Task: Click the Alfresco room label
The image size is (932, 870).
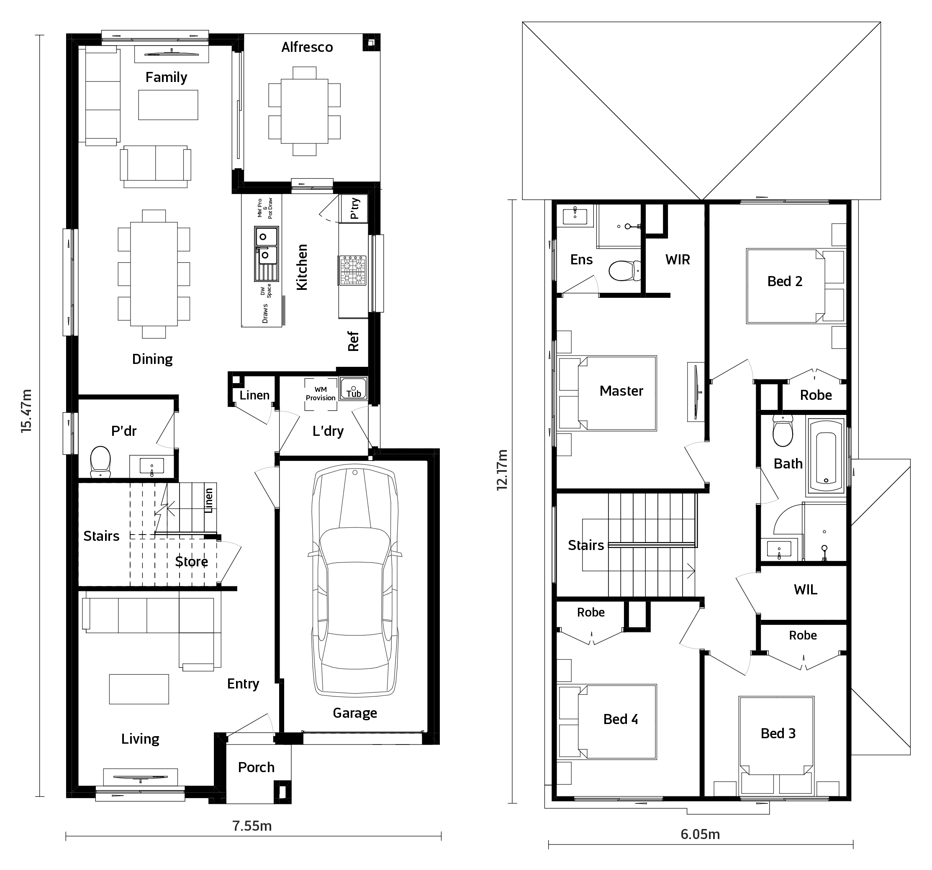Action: coord(307,47)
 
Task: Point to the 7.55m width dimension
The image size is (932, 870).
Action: coord(252,826)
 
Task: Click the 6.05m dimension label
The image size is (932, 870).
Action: coord(701,834)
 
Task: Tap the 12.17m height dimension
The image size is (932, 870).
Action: coord(502,470)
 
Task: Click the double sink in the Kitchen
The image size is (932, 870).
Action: coord(266,253)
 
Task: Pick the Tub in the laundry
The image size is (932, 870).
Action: coord(354,389)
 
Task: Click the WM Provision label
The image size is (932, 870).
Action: coord(321,394)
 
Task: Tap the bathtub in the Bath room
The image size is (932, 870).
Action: coord(826,457)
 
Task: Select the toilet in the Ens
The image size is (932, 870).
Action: coord(625,271)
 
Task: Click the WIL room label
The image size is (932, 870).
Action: coord(806,589)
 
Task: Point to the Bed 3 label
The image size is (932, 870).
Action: coord(778,733)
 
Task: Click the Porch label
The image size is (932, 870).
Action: coord(256,768)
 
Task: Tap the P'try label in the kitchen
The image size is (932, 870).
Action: coord(355,208)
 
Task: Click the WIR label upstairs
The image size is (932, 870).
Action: coord(678,260)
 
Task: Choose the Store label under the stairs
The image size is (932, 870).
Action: coord(191,561)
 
